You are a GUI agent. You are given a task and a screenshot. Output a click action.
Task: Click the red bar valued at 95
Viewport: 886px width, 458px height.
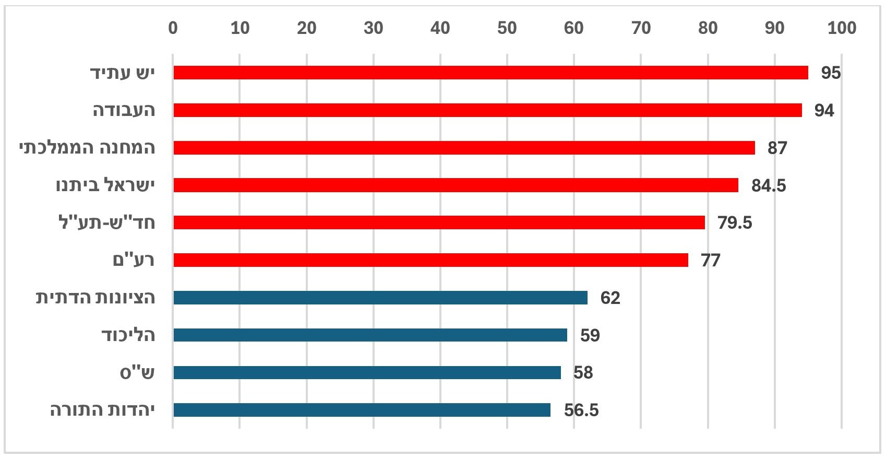490,73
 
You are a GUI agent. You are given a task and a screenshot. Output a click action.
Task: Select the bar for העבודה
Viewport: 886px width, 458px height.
487,110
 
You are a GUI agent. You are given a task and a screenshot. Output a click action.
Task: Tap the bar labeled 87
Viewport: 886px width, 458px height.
464,148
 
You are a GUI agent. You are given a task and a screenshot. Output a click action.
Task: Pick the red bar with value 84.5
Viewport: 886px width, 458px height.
456,185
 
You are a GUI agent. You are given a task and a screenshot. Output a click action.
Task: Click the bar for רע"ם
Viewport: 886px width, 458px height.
430,260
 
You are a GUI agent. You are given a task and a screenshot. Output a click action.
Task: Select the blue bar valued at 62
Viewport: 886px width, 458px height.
380,298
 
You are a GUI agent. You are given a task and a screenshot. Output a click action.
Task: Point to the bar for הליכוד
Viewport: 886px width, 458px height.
370,335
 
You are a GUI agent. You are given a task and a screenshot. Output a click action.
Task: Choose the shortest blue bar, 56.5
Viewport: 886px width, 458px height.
362,410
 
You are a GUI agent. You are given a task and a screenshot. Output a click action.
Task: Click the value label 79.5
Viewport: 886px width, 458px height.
735,223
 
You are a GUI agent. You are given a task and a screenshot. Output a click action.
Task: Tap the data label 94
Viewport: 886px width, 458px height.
824,111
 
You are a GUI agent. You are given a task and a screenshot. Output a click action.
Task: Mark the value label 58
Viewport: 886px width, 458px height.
583,373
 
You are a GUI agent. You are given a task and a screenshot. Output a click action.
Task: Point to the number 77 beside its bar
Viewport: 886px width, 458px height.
710,261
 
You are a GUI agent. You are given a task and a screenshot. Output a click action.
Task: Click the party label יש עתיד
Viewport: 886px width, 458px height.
123,73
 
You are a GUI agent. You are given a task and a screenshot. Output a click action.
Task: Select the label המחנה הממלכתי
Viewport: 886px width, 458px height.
87,148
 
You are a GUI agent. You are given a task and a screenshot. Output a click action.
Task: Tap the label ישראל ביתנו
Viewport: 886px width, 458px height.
105,185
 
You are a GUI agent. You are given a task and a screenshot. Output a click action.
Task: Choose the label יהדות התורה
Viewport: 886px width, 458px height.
102,410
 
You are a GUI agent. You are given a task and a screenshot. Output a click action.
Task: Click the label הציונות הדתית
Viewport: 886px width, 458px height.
95,298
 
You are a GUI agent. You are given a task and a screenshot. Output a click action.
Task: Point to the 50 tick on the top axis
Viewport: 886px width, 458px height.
507,28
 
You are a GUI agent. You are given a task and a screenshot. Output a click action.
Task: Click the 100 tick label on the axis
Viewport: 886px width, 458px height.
841,28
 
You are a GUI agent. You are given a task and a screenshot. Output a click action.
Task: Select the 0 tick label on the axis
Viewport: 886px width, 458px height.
173,28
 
